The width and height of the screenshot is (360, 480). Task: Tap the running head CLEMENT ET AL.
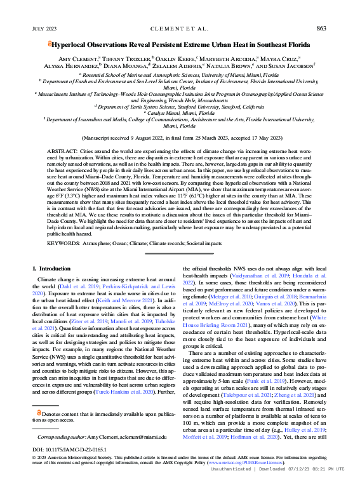pos(179,28)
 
